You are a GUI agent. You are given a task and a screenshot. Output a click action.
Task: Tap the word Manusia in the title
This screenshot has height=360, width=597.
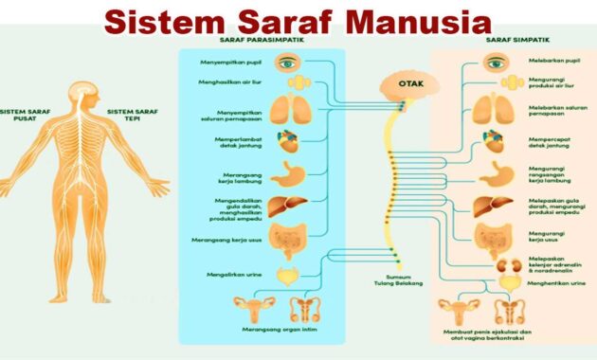(421, 21)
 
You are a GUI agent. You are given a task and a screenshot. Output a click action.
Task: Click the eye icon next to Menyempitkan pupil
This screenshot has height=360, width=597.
(287, 63)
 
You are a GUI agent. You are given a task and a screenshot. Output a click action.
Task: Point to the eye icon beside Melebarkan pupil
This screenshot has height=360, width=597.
(495, 63)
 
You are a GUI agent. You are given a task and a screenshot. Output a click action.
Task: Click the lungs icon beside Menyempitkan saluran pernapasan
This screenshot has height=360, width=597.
(287, 111)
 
